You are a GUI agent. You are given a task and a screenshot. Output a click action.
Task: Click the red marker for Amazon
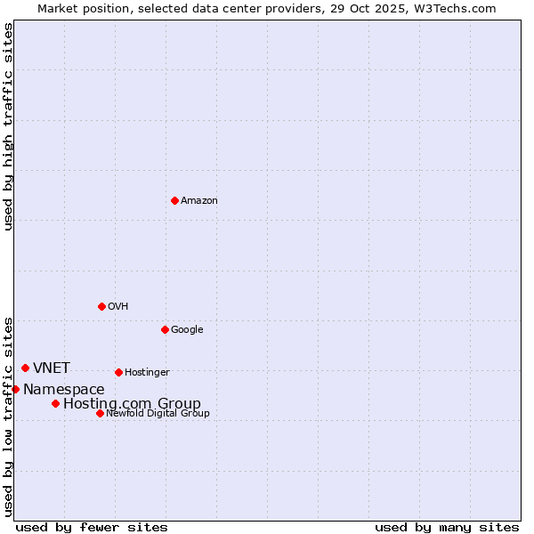pyautogui.click(x=174, y=200)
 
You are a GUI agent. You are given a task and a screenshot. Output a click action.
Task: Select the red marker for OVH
pyautogui.click(x=101, y=306)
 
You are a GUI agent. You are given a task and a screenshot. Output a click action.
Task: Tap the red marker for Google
pyautogui.click(x=165, y=329)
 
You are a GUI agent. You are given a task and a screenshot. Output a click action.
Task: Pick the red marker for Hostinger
pyautogui.click(x=118, y=372)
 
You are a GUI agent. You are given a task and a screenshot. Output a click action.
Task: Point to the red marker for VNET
pyautogui.click(x=25, y=368)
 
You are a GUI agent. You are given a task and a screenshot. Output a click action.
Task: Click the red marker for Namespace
pyautogui.click(x=15, y=389)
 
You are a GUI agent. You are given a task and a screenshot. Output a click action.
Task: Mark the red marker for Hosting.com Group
pyautogui.click(x=55, y=403)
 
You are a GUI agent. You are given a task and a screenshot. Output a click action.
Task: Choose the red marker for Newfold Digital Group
pyautogui.click(x=100, y=413)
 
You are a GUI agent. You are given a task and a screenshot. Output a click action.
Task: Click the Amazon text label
pyautogui.click(x=199, y=201)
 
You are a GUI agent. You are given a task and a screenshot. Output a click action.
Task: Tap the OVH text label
pyautogui.click(x=118, y=307)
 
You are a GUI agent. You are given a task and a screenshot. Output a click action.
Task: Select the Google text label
pyautogui.click(x=187, y=330)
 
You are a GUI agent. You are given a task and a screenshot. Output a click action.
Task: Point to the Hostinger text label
pyautogui.click(x=147, y=373)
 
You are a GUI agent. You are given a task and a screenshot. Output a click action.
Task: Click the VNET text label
pyautogui.click(x=52, y=368)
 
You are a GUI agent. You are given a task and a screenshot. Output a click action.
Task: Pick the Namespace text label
pyautogui.click(x=64, y=390)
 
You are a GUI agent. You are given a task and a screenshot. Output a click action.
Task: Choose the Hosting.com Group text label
pyautogui.click(x=132, y=404)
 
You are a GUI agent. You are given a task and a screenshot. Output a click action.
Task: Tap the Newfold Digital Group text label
pyautogui.click(x=158, y=414)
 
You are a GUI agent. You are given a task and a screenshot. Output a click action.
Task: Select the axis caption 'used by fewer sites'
pyautogui.click(x=92, y=527)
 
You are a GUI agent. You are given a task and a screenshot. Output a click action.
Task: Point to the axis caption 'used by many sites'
pyautogui.click(x=447, y=527)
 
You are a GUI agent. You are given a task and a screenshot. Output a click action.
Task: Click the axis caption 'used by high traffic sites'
pyautogui.click(x=9, y=126)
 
